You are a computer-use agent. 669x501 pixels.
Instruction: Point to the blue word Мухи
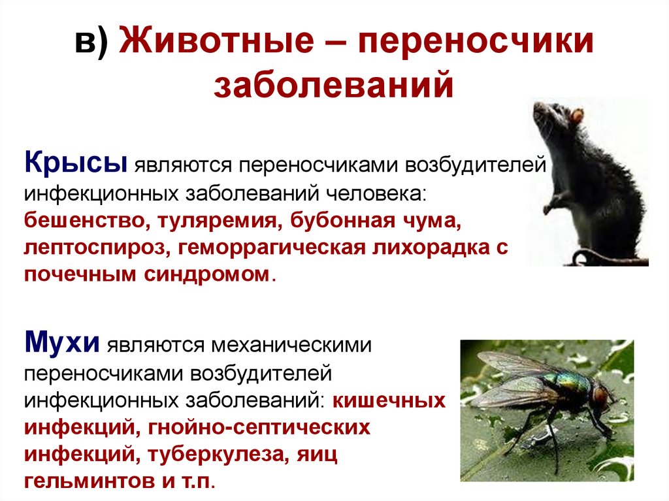click(62, 342)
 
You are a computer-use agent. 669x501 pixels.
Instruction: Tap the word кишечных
click(389, 401)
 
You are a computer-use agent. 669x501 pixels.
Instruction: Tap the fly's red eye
click(599, 395)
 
